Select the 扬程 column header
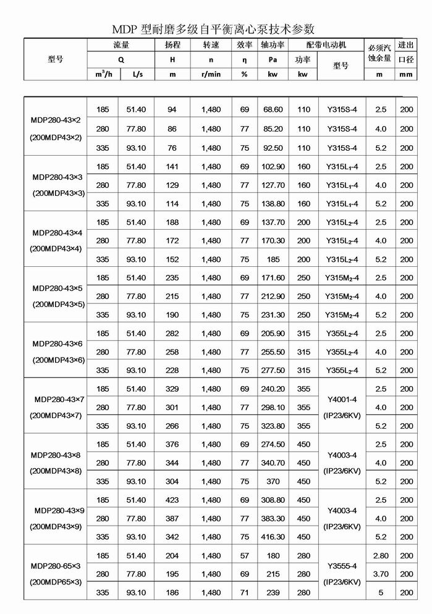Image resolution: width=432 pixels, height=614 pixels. [x=172, y=45]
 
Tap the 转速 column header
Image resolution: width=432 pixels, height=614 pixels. [x=211, y=45]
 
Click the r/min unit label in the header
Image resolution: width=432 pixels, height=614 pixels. [x=211, y=74]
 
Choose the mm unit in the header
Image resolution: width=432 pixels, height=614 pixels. [x=405, y=74]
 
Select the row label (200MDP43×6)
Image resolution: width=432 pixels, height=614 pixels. [x=57, y=360]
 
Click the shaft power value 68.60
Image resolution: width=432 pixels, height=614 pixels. [x=273, y=109]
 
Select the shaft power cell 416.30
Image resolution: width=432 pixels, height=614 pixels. [x=273, y=537]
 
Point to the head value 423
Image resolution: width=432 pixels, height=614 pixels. [x=172, y=500]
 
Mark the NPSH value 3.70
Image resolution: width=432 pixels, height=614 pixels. [x=380, y=574]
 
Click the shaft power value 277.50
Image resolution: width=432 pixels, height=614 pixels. [x=273, y=371]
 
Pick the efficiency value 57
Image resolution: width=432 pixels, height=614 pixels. [x=245, y=556]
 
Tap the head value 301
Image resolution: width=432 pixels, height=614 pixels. [x=172, y=408]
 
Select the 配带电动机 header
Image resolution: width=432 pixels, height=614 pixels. [x=326, y=45]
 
